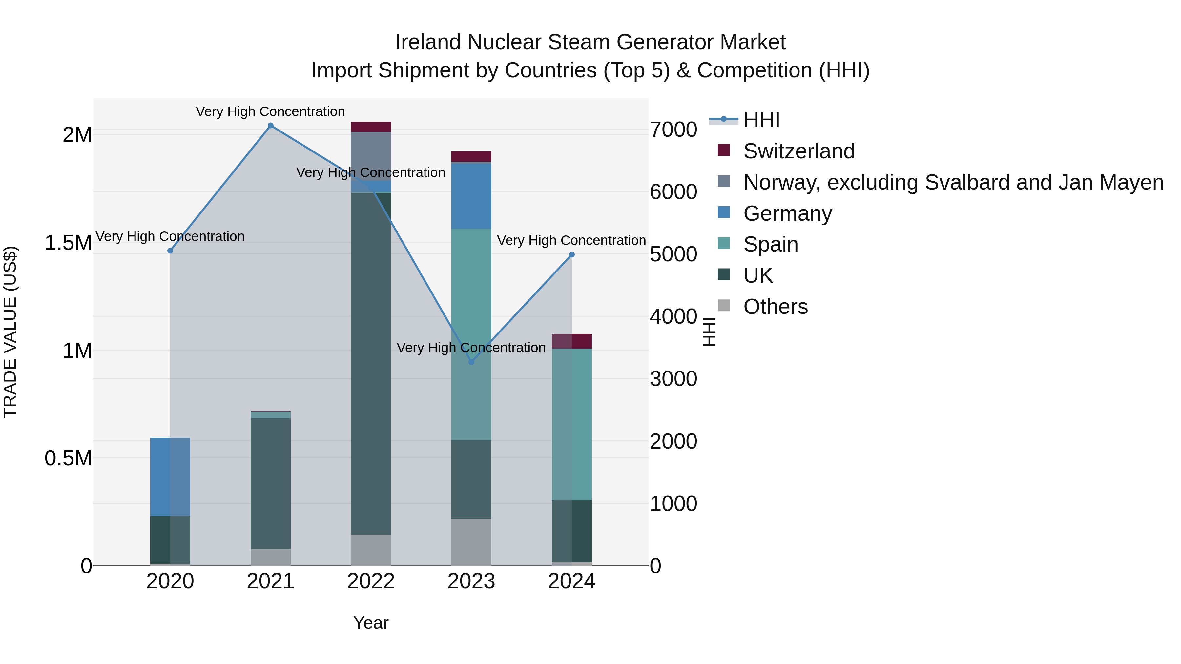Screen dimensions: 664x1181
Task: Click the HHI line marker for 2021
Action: (x=271, y=126)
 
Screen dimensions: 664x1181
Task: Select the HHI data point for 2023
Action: (x=471, y=362)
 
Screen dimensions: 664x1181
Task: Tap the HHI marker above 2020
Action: (x=170, y=251)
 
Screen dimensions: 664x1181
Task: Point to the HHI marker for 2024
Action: (x=572, y=255)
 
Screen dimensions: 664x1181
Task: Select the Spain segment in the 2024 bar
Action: (x=572, y=424)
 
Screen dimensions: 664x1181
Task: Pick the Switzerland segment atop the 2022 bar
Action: (x=371, y=127)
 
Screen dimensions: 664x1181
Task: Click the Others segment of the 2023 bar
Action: (x=471, y=542)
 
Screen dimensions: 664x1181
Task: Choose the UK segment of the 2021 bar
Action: (x=271, y=483)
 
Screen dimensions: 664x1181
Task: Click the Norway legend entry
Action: (x=953, y=182)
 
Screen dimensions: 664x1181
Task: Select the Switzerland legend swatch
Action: (x=723, y=150)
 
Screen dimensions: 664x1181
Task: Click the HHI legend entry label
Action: (x=761, y=120)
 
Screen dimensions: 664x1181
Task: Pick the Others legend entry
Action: (x=775, y=307)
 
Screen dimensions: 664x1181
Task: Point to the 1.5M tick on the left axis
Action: (x=68, y=243)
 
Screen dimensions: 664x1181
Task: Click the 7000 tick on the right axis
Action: (x=673, y=130)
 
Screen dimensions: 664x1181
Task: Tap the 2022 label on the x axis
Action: (x=371, y=581)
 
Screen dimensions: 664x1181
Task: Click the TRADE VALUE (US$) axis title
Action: (x=10, y=332)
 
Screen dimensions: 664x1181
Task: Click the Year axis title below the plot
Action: (x=371, y=623)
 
